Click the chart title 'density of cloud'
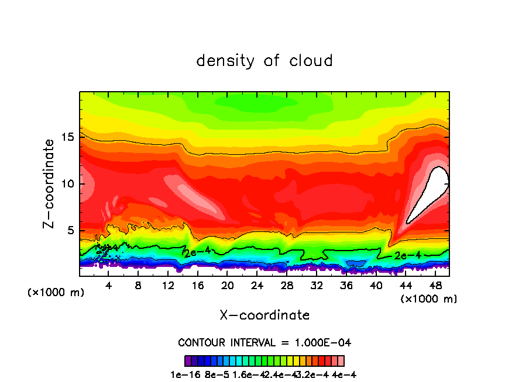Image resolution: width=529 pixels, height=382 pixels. (264, 61)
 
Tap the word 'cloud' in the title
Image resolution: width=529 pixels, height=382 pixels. (311, 61)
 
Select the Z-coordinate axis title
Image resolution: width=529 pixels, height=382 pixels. (50, 183)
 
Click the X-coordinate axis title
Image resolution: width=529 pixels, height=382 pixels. (264, 315)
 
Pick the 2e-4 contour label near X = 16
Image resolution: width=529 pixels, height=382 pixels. (197, 252)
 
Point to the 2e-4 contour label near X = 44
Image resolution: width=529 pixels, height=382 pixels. (408, 255)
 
